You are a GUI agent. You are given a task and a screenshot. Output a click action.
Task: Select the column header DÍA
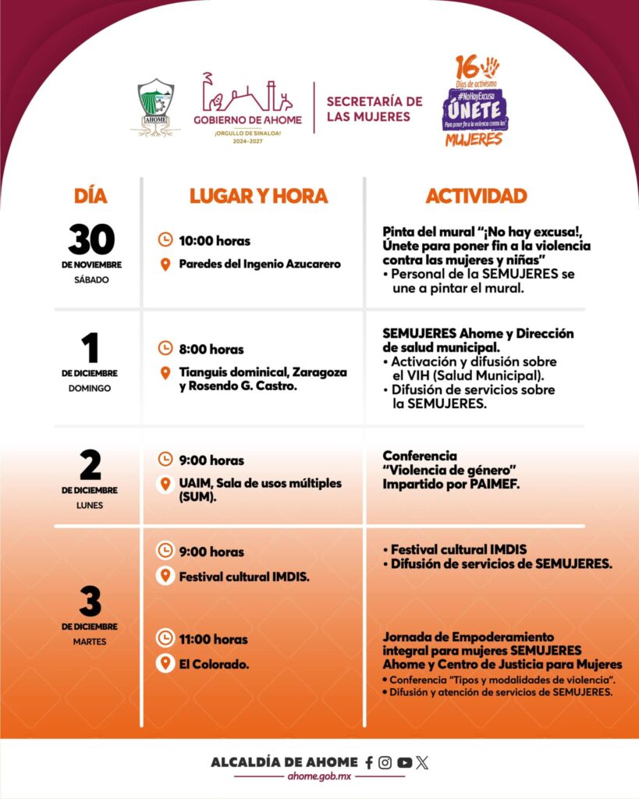click(x=91, y=196)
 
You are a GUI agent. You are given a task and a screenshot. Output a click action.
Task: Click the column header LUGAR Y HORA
click(x=258, y=196)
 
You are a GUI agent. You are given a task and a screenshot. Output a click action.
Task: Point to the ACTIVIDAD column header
click(x=476, y=196)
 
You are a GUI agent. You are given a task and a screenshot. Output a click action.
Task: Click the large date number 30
click(x=91, y=240)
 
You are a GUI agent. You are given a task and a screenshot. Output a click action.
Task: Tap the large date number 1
click(x=91, y=349)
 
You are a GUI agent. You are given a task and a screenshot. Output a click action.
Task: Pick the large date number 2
click(x=91, y=466)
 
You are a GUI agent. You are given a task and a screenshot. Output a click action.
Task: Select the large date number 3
click(x=91, y=602)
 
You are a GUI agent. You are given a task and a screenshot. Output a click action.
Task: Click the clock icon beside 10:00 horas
click(x=165, y=240)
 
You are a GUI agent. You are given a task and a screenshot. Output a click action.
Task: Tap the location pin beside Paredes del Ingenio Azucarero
click(x=165, y=265)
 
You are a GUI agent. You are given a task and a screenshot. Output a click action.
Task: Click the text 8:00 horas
click(x=211, y=349)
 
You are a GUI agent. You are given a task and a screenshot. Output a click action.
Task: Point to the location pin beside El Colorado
click(x=165, y=664)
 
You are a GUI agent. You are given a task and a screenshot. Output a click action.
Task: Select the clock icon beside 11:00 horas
click(x=165, y=639)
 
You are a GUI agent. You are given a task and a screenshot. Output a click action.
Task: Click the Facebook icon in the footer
click(x=369, y=763)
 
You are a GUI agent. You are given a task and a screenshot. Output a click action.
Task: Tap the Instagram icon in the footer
click(x=385, y=763)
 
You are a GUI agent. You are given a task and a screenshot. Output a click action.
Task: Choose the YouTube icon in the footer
click(x=404, y=763)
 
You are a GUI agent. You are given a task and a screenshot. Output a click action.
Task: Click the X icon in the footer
click(x=423, y=763)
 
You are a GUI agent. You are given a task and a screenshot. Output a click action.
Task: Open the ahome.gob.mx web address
click(x=319, y=778)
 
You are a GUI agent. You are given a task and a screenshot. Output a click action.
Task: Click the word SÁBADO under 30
click(x=91, y=279)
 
